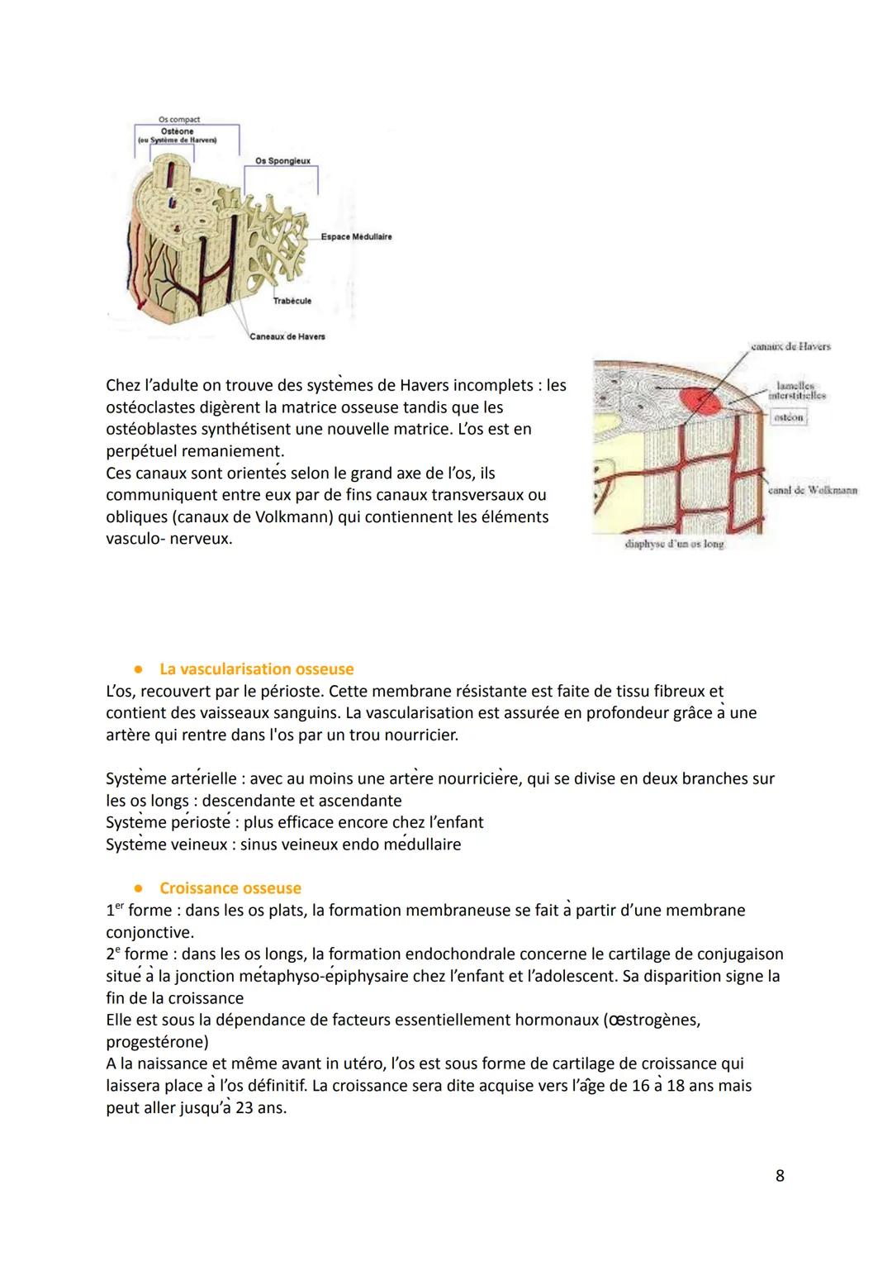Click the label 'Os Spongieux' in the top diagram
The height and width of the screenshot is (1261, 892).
pyautogui.click(x=282, y=160)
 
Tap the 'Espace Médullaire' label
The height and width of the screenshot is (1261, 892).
pyautogui.click(x=356, y=237)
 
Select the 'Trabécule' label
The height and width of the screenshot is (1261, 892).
pyautogui.click(x=292, y=301)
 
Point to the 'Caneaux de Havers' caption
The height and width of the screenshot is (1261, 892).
pyautogui.click(x=287, y=336)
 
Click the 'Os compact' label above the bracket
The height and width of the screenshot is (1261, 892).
pyautogui.click(x=178, y=120)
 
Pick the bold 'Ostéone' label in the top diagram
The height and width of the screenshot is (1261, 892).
pyautogui.click(x=178, y=131)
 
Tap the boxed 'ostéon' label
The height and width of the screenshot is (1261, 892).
pyautogui.click(x=788, y=418)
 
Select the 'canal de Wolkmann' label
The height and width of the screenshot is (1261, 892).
pyautogui.click(x=812, y=490)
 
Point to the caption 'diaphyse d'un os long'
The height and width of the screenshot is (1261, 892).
pyautogui.click(x=675, y=545)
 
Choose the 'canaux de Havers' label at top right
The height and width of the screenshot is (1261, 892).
pyautogui.click(x=790, y=346)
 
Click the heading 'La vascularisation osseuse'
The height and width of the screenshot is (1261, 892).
pyautogui.click(x=256, y=669)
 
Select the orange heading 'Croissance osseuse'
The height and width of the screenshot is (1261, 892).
pyautogui.click(x=230, y=888)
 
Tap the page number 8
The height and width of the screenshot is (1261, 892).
pyautogui.click(x=780, y=1175)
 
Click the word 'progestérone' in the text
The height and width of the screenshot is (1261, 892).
pyautogui.click(x=157, y=1042)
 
